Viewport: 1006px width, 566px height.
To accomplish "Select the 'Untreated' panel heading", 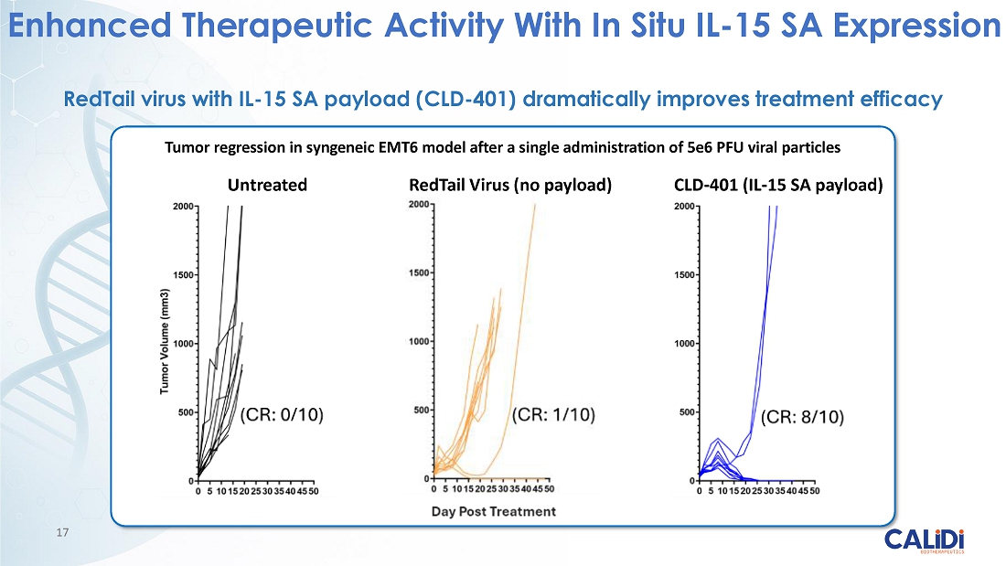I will coord(267,186).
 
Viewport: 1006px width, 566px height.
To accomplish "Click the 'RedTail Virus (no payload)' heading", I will coord(509,186).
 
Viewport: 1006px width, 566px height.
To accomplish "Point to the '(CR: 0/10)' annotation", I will coord(282,415).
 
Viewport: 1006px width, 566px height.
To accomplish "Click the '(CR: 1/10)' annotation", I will coord(552,415).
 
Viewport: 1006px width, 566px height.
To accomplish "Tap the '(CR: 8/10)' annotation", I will coord(803,417).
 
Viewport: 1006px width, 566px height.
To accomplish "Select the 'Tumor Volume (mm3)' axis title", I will coord(165,343).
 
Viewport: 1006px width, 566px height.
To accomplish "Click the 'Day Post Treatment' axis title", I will coord(494,511).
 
